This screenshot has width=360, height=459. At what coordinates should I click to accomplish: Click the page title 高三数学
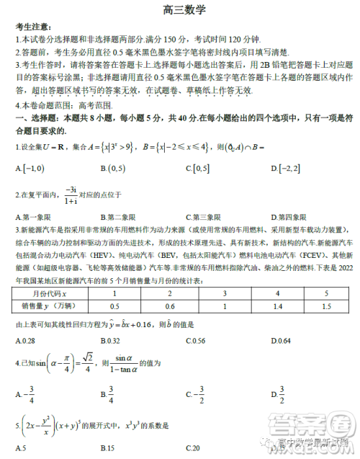click(x=179, y=10)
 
